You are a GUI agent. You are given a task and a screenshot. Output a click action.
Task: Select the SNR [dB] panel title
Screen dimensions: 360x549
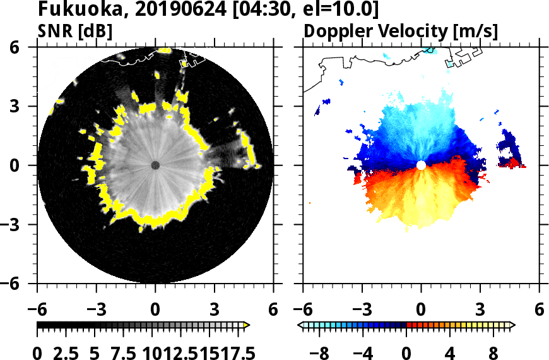point(75,31)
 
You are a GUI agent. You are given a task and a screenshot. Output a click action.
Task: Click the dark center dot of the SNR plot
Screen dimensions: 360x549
point(155,165)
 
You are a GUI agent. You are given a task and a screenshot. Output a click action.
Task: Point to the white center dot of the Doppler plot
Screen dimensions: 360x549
point(421,165)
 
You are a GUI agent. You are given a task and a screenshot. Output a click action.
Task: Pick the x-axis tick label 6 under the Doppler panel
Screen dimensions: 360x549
point(539,309)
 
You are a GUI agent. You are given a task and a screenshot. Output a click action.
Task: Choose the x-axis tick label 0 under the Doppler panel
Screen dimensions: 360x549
point(421,309)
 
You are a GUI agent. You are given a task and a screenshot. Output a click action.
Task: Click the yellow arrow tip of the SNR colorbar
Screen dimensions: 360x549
point(247,325)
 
